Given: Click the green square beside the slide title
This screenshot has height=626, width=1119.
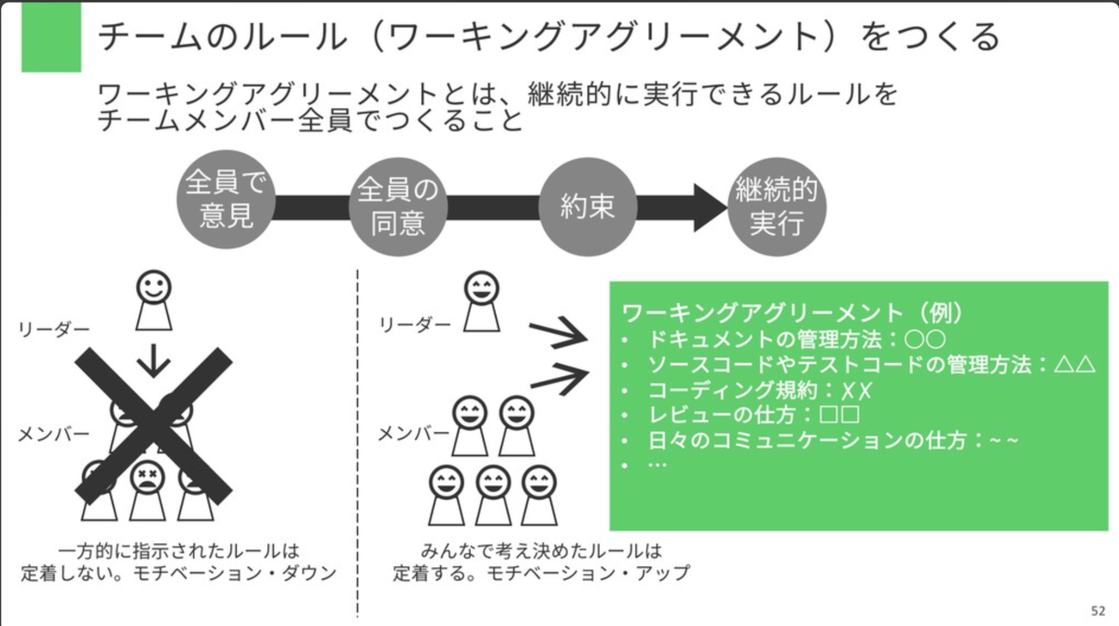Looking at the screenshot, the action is pos(51,37).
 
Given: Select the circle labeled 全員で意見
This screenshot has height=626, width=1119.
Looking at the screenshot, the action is pos(227,200).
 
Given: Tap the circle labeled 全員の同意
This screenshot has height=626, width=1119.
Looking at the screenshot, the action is pos(398,206).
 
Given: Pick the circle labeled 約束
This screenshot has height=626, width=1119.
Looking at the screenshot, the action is pos(587,207).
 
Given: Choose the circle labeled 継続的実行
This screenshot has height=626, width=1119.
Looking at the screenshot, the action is pos(777,207).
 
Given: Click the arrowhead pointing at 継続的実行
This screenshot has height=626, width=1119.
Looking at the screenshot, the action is pos(711,207).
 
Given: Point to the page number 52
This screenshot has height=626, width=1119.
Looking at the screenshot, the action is pos(1098,611).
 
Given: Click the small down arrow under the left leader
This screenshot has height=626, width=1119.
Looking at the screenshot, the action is pos(154,360).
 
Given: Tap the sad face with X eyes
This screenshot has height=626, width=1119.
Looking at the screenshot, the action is pos(147,477).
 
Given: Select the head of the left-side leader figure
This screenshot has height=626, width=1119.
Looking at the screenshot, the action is pos(154,287).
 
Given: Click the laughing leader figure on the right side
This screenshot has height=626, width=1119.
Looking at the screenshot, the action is pos(481,301).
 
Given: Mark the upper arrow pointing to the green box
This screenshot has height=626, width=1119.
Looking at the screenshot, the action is pos(559,332).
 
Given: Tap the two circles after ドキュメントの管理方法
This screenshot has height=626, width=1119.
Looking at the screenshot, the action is pos(925,340).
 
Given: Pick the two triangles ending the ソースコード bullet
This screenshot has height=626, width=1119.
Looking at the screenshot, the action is pos(1075,365).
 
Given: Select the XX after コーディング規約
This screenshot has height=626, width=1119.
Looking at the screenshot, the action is pos(856,391).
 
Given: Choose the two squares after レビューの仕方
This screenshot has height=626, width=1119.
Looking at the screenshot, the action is pos(840,414).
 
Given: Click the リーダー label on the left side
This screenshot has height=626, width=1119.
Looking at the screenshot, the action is pos(54,329).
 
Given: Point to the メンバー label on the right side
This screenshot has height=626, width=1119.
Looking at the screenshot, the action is pos(414,434).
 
